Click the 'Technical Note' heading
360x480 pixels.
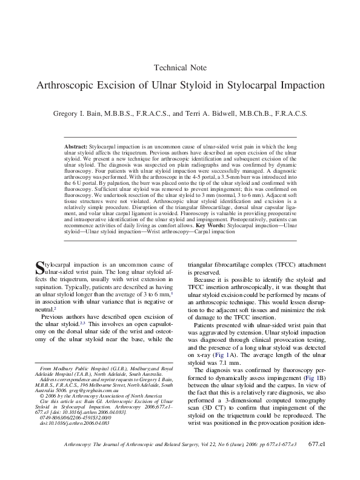pos(181,68)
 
